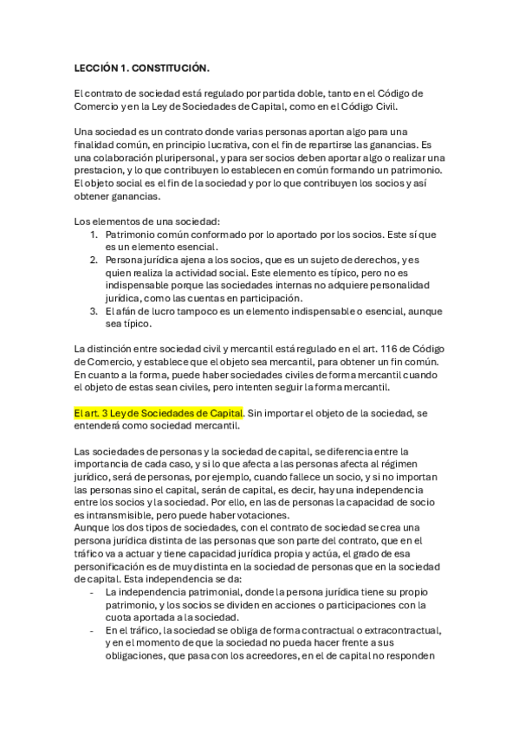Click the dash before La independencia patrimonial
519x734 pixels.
click(x=93, y=592)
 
